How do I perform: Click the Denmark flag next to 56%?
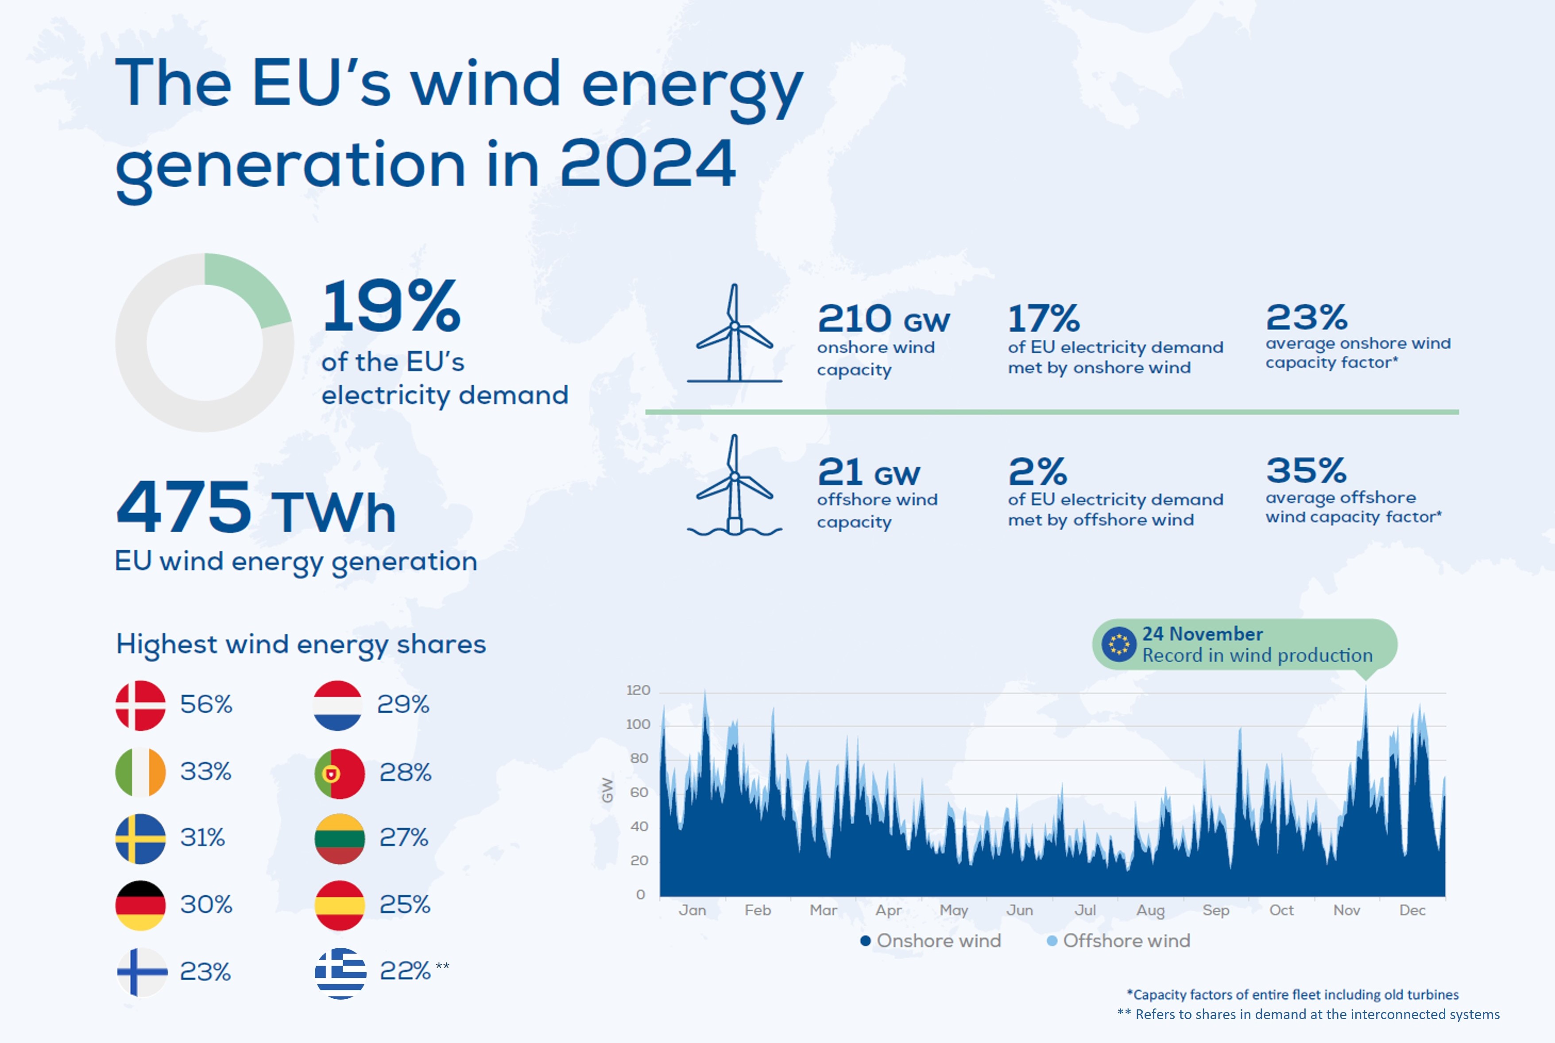pyautogui.click(x=140, y=705)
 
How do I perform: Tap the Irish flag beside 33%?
pyautogui.click(x=140, y=772)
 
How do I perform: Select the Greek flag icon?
pyautogui.click(x=340, y=973)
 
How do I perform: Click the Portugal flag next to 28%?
pyautogui.click(x=339, y=773)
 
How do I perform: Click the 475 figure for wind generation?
pyautogui.click(x=184, y=507)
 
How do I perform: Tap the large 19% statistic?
pyautogui.click(x=391, y=307)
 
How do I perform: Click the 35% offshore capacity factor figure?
pyautogui.click(x=1306, y=470)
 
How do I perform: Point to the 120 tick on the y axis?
pyautogui.click(x=638, y=691)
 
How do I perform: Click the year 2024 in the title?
pyautogui.click(x=647, y=164)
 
